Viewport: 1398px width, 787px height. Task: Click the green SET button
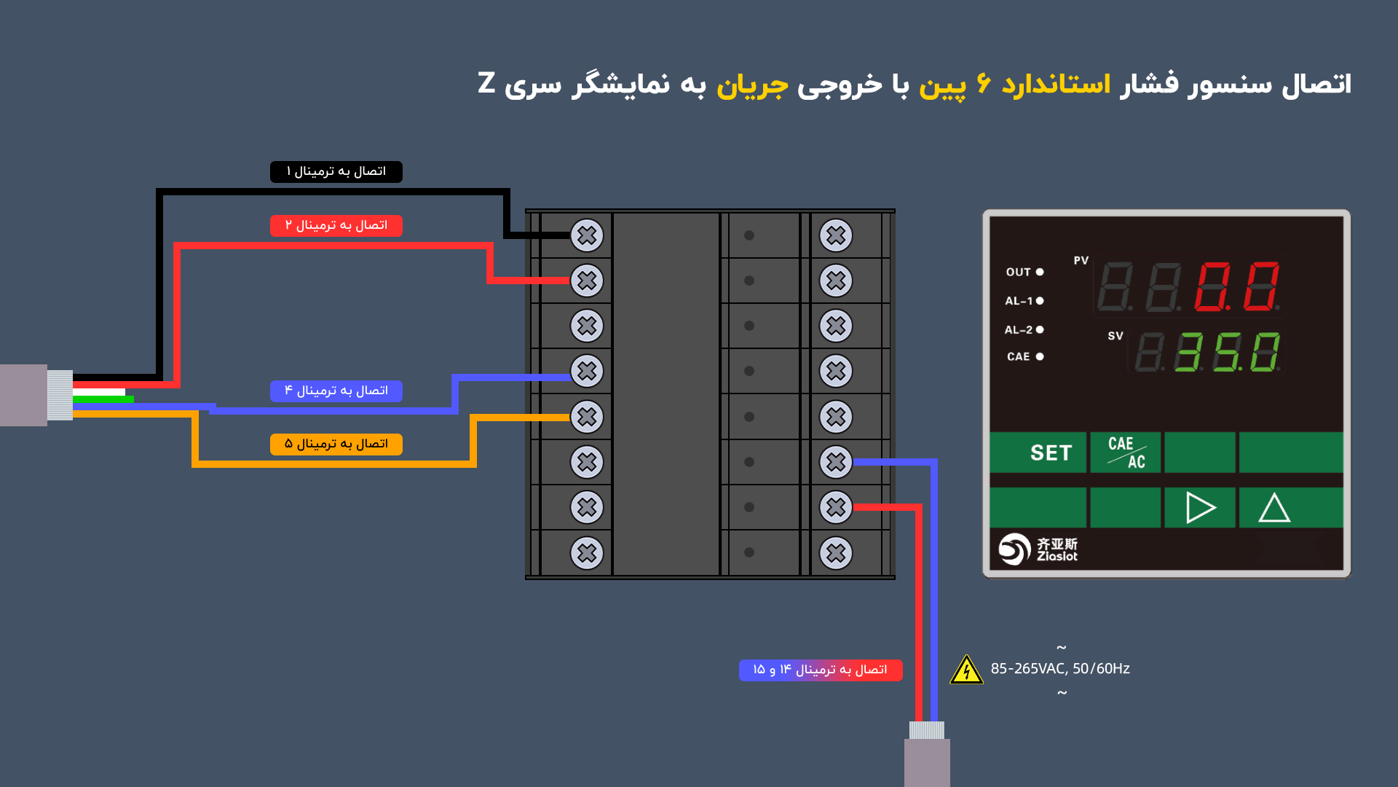1038,453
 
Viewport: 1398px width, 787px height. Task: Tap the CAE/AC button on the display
1126,453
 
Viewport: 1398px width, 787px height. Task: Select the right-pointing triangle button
1200,507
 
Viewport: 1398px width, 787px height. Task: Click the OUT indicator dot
1040,272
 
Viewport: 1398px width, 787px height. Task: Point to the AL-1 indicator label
1019,301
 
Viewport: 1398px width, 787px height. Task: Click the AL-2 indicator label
1019,330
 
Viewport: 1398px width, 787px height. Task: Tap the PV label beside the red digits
1081,260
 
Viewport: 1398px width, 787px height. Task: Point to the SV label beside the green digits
1115,336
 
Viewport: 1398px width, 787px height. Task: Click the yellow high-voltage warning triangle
967,670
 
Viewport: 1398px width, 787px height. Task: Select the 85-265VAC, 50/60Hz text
1060,668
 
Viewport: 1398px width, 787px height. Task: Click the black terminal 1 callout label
336,171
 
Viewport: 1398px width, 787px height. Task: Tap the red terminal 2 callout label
336,225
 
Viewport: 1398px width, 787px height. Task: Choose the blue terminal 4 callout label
336,391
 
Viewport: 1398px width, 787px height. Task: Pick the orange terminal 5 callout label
336,444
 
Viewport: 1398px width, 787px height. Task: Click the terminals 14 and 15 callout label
821,670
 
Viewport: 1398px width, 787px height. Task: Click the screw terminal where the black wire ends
587,235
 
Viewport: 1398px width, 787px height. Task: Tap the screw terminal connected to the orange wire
587,417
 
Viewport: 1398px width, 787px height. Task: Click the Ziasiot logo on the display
1038,549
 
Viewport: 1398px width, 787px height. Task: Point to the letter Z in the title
486,83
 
